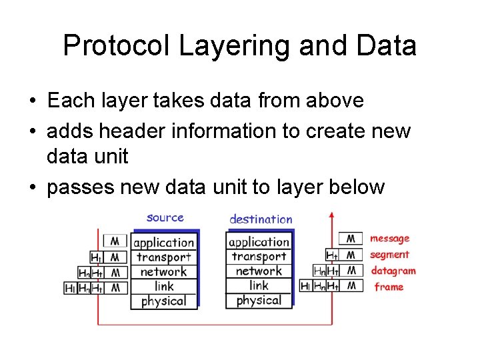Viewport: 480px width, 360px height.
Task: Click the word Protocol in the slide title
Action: click(x=116, y=46)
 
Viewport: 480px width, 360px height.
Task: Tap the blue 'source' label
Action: click(x=165, y=217)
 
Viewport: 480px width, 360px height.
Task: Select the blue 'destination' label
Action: click(x=261, y=219)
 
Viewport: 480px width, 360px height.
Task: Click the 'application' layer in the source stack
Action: click(x=164, y=243)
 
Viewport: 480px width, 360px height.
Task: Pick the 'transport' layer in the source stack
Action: click(x=164, y=257)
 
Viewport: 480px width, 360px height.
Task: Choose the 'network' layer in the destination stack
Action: click(x=259, y=271)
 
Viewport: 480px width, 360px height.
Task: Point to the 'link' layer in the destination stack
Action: click(x=259, y=285)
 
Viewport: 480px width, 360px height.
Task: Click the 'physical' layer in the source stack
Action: click(x=164, y=301)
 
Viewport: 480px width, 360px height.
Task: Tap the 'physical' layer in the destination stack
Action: click(x=259, y=301)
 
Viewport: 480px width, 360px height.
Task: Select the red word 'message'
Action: click(x=390, y=238)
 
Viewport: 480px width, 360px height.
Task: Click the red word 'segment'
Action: click(x=390, y=255)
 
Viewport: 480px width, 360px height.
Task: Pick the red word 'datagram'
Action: click(x=393, y=271)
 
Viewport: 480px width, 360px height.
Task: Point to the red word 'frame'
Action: click(x=389, y=287)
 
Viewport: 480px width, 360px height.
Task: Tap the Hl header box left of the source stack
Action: click(x=71, y=288)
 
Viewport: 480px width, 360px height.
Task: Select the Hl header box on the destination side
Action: click(x=306, y=285)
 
